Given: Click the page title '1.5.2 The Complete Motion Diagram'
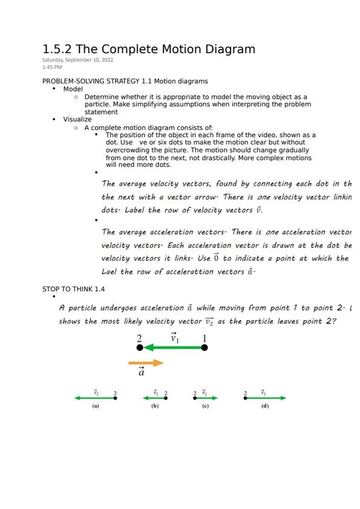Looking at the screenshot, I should coord(149,49).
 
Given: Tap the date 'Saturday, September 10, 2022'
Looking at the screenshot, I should coord(77,60).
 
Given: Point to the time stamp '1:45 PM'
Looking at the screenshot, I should coord(52,66).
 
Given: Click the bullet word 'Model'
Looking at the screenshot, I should coord(73,89).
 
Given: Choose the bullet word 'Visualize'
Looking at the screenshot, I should coord(77,119).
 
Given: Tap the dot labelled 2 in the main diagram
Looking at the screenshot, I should coord(140,348).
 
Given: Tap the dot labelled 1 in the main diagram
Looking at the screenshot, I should coord(205,348).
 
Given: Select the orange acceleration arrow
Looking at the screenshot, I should coord(146,363).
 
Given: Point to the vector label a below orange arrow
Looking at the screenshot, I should coord(141,372).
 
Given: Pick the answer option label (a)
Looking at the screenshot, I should coord(96,406).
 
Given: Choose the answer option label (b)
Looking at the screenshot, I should coord(155,406).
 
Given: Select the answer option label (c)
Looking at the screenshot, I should coord(205,406).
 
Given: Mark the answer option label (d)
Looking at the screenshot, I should coord(264,406).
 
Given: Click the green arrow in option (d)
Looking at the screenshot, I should coord(265,398).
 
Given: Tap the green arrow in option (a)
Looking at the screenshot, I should coord(94,398).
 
